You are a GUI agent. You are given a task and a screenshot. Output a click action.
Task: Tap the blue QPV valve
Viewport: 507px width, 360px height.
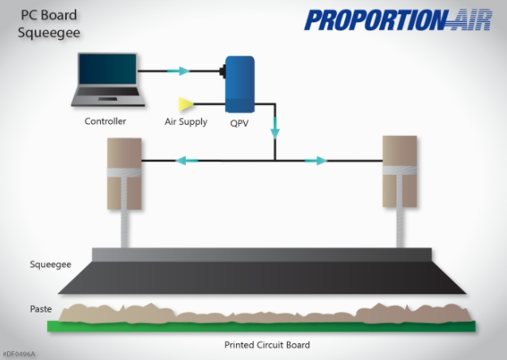click(238, 84)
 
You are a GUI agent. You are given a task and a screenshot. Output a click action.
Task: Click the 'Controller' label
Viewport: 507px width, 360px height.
click(105, 122)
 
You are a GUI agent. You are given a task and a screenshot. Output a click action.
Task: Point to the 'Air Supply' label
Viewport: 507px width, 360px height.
click(185, 122)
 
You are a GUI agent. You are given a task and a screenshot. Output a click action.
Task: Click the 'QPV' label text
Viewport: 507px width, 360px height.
click(238, 123)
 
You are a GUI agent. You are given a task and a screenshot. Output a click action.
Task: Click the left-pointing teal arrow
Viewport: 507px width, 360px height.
click(187, 161)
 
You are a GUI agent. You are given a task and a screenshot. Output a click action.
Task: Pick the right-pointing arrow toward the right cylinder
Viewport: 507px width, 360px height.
click(315, 161)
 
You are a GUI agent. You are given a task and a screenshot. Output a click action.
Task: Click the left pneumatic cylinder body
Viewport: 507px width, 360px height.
click(125, 173)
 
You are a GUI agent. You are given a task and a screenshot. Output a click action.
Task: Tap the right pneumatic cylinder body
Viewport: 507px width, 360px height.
click(399, 171)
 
